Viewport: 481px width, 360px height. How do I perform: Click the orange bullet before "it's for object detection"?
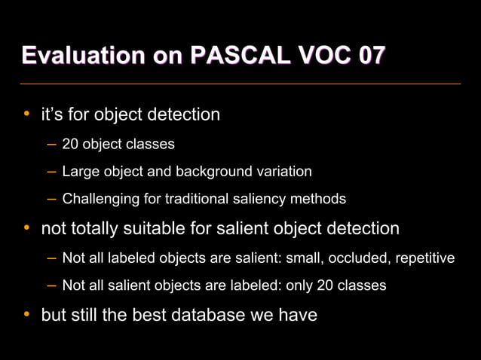[26, 114]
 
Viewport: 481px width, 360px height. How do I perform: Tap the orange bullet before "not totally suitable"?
[26, 227]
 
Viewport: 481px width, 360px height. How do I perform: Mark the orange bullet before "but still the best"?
[26, 314]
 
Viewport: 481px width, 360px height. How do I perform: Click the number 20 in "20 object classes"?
[70, 144]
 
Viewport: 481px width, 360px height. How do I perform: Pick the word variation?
[285, 171]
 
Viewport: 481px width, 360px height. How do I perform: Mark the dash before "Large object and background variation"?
[51, 172]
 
